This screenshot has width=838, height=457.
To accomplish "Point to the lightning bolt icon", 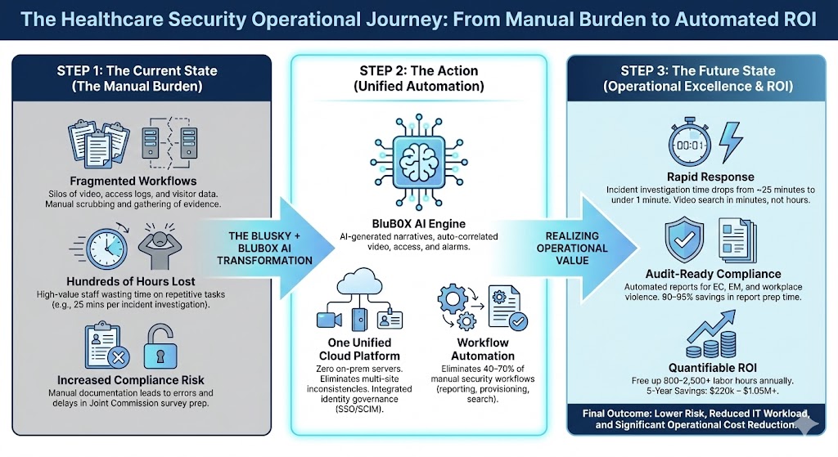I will [x=729, y=139].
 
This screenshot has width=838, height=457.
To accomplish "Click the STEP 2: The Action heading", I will [x=420, y=71].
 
